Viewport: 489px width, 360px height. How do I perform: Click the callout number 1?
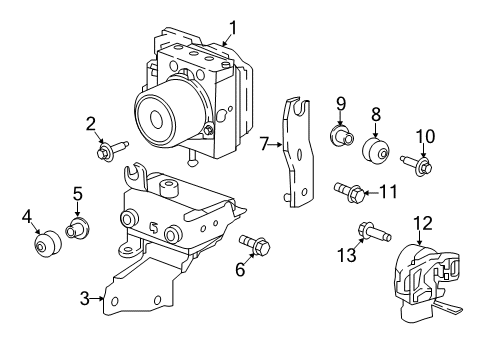click(x=232, y=27)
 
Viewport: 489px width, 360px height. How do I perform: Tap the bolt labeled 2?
click(x=108, y=152)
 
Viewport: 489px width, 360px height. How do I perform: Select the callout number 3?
click(x=87, y=297)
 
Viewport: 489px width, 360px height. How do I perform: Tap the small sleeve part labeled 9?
click(x=342, y=135)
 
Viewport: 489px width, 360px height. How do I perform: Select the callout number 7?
click(x=264, y=144)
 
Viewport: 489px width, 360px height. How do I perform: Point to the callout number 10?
click(x=425, y=135)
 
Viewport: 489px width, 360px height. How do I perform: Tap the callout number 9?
click(x=340, y=103)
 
